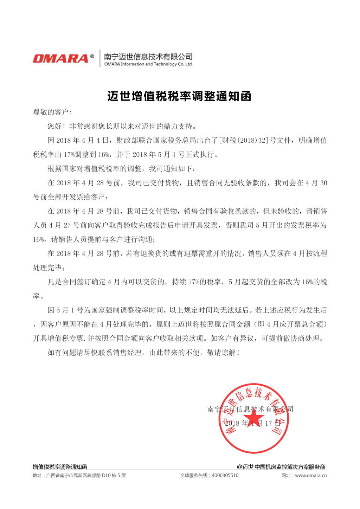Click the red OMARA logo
tap(60, 58)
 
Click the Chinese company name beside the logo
tap(148, 56)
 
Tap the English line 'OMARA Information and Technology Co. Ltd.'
tap(148, 64)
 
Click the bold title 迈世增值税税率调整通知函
tap(179, 96)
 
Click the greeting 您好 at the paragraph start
tap(55, 126)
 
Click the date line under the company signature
tap(253, 423)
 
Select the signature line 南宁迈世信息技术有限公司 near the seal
tap(250, 409)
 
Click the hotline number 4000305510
tap(225, 476)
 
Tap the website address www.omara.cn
tap(311, 476)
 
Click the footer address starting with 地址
tap(79, 476)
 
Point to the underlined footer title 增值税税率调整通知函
tap(60, 467)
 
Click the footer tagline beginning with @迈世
tap(281, 467)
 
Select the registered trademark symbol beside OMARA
tap(92, 56)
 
